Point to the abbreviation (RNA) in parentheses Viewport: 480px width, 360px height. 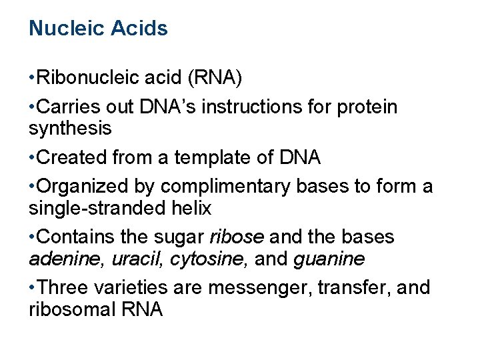pos(215,79)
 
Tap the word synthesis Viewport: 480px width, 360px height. pos(70,128)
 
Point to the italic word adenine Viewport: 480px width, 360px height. pos(64,259)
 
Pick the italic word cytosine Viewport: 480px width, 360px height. pos(203,259)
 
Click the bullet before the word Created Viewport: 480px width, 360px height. pos(32,158)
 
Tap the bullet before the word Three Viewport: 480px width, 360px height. pos(32,288)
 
